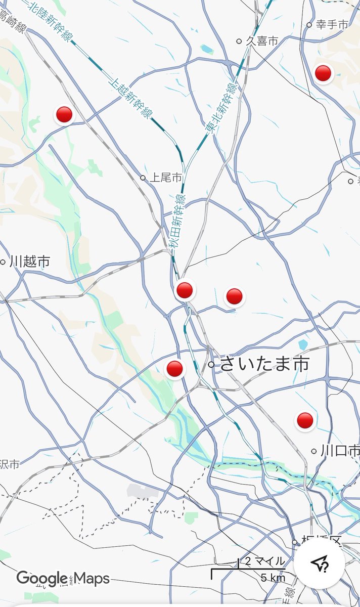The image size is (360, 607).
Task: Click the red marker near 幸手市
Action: pos(323,74)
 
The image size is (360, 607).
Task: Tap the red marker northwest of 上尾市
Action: pos(64,115)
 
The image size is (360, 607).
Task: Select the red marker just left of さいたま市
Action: pos(174,369)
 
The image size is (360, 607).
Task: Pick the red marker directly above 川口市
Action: pos(305,420)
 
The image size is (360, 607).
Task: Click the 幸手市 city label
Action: pos(332,24)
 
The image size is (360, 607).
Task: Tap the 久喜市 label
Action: pos(262,41)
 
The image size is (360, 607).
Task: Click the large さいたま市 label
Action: pos(264,364)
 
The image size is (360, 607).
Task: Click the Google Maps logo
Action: pos(63,578)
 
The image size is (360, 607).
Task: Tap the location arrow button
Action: pos(320,562)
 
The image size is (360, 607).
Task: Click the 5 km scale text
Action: pos(273,578)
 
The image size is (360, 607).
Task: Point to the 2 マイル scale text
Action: pos(265,561)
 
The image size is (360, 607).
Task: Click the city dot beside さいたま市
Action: pos(211,364)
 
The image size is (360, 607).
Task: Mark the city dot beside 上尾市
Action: pos(143,178)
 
